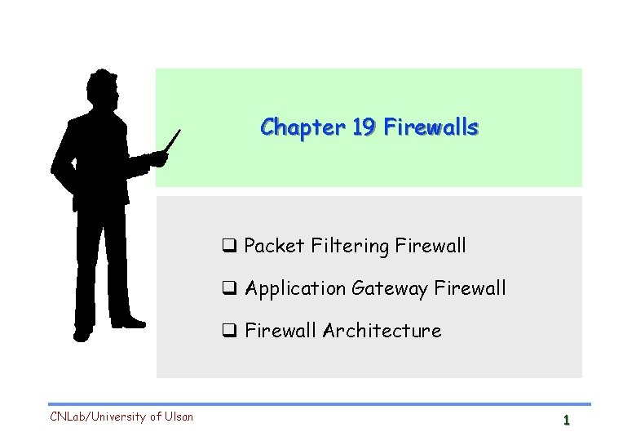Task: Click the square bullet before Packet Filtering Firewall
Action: click(229, 245)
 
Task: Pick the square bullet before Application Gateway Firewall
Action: click(229, 288)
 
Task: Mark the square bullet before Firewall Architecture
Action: click(229, 331)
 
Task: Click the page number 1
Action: click(565, 421)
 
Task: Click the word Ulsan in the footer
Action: click(179, 416)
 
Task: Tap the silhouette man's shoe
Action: click(82, 332)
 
